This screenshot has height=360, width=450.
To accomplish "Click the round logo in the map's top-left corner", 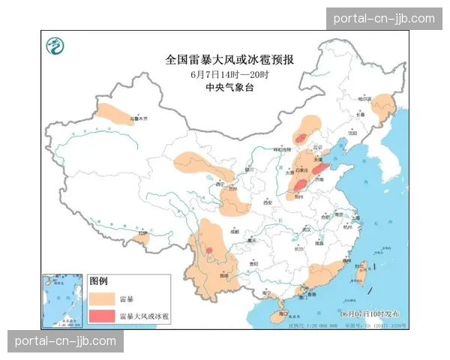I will coord(55,47).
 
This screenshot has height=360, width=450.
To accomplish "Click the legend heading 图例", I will coord(99,281).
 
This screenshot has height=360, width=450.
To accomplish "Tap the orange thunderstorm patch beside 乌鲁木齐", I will coord(112,115).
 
